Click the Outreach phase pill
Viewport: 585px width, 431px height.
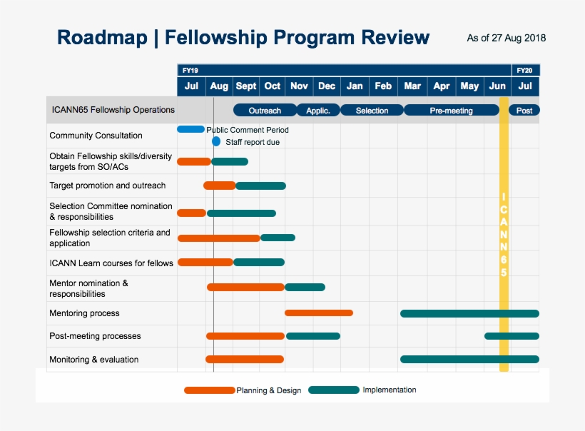point(265,111)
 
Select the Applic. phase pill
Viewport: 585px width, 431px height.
point(318,111)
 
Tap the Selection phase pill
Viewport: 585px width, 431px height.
point(372,111)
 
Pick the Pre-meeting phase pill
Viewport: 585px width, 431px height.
point(451,111)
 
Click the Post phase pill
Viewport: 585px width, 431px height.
point(524,111)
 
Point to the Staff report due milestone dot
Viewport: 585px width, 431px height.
point(216,141)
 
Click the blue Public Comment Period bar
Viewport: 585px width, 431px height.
point(190,129)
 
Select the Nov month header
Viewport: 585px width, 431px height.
point(299,86)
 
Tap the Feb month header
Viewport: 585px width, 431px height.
point(383,86)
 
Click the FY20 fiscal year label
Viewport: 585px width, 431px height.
point(524,71)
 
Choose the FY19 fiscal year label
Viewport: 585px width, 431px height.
point(190,71)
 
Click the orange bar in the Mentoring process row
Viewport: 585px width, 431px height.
point(319,313)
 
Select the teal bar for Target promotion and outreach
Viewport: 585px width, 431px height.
point(260,186)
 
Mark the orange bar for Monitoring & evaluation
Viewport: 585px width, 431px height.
point(245,359)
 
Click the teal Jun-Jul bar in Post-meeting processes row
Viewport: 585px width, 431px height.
point(512,336)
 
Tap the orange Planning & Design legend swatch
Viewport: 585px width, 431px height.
point(209,390)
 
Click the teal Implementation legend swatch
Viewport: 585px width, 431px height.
point(334,390)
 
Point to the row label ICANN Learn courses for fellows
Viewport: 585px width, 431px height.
point(111,263)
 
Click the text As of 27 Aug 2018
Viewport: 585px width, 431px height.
point(506,38)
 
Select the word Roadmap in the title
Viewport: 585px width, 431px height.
point(102,37)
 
